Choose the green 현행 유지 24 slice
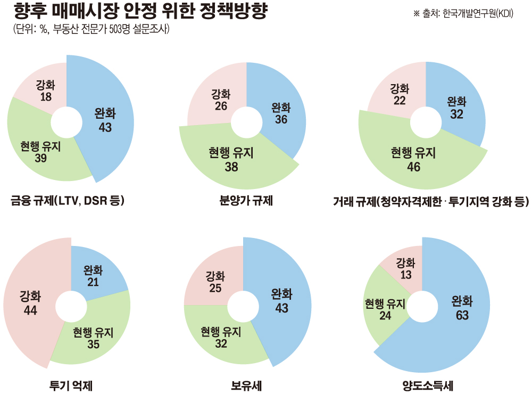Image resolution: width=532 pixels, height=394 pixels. pos(384,309)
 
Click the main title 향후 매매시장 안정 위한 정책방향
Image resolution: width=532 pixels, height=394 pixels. pos(141,12)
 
